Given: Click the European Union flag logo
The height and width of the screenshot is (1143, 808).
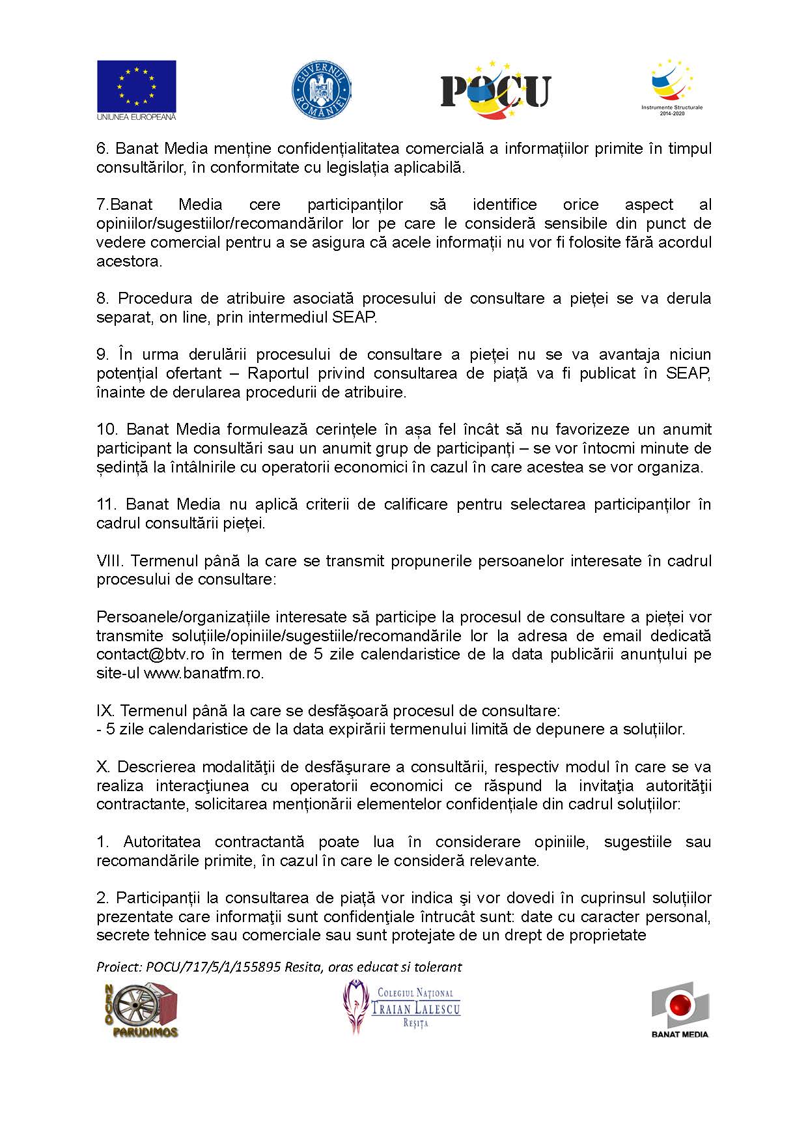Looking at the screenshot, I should [136, 90].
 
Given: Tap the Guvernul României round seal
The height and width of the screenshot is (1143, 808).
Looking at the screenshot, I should [320, 90].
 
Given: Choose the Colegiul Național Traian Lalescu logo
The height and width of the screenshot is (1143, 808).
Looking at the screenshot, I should [402, 1007].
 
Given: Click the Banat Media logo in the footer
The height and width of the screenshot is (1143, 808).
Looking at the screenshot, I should [680, 1009].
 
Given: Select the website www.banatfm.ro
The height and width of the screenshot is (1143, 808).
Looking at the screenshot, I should [203, 673].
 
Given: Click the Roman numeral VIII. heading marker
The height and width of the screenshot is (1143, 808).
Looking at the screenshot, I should [109, 561].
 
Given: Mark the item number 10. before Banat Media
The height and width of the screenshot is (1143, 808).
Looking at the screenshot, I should [107, 429].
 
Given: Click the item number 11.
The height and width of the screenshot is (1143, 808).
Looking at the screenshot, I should [106, 504].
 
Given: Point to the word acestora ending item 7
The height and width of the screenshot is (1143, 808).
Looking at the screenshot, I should [128, 261].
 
